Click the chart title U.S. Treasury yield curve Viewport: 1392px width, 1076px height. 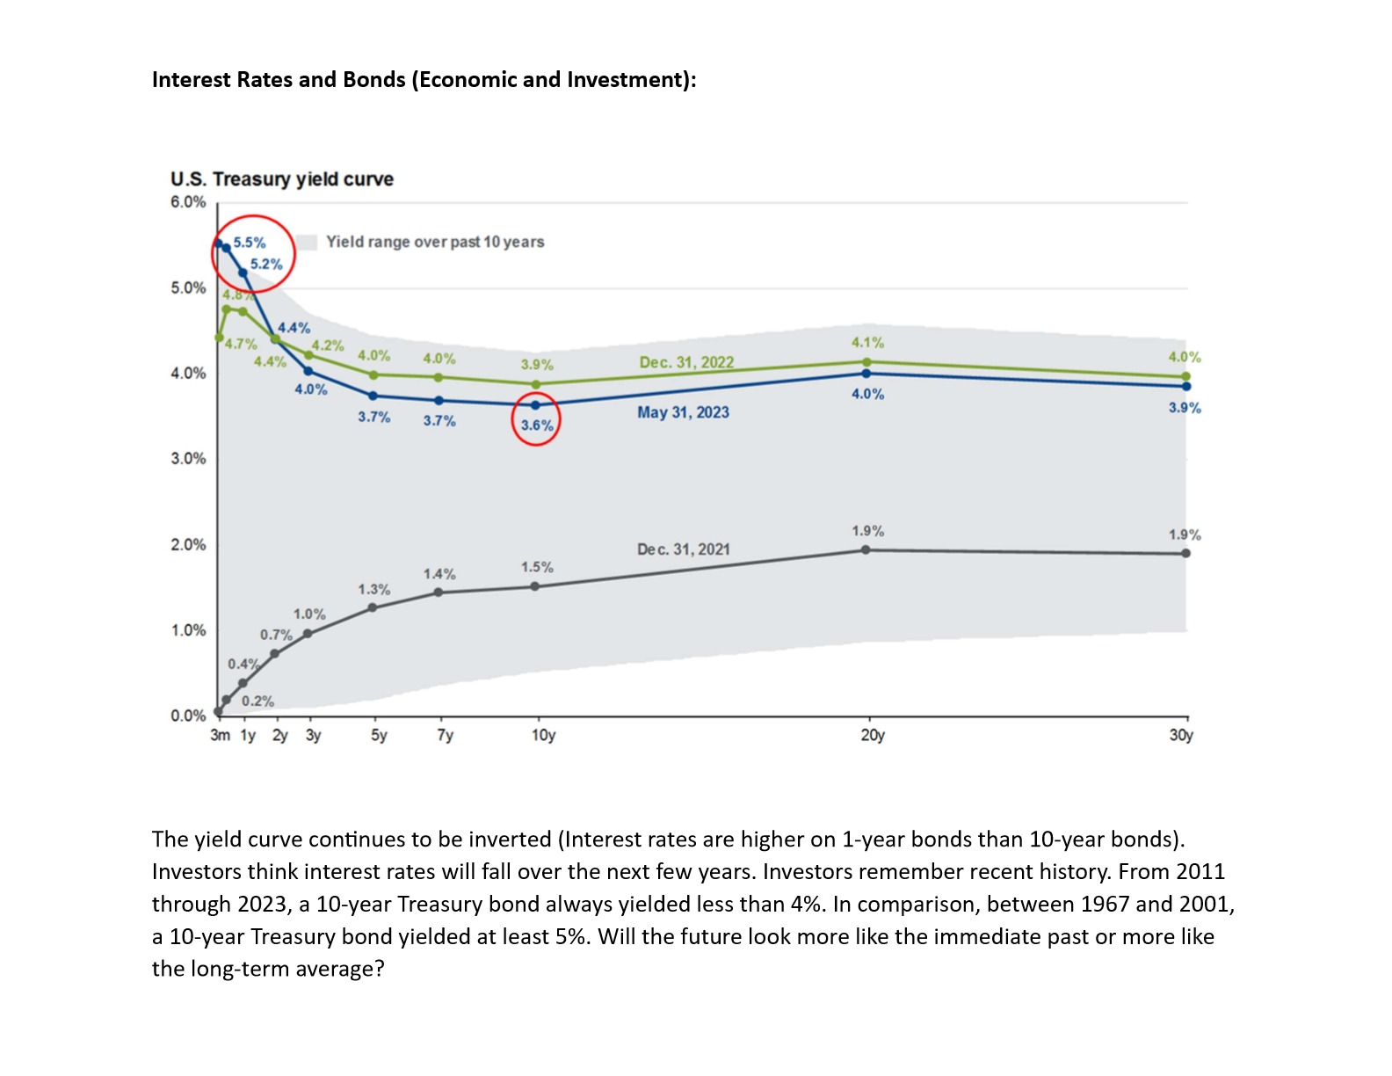[x=281, y=179]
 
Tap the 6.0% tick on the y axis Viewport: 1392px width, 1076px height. [x=188, y=202]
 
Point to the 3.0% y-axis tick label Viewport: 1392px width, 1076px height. [x=188, y=459]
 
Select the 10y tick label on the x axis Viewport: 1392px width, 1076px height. [x=543, y=735]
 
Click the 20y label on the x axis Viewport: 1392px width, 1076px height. [x=872, y=735]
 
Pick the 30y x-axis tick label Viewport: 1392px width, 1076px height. [x=1180, y=735]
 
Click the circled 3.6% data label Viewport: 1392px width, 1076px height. [x=536, y=425]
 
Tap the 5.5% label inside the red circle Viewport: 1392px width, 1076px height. [x=250, y=243]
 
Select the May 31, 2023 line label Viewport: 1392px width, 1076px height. [x=683, y=412]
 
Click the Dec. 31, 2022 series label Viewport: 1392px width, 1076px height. [x=685, y=362]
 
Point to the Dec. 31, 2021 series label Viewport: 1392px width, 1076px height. [x=683, y=549]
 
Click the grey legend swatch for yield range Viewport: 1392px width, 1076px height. [x=306, y=242]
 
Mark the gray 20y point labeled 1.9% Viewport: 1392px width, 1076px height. [x=866, y=550]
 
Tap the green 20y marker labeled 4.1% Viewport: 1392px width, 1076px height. [x=866, y=362]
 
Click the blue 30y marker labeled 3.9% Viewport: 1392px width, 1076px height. [x=1186, y=386]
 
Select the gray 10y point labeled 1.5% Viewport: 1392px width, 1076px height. [x=535, y=586]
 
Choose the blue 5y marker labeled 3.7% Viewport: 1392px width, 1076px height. [x=373, y=396]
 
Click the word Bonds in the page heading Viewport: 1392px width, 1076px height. [x=373, y=80]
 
